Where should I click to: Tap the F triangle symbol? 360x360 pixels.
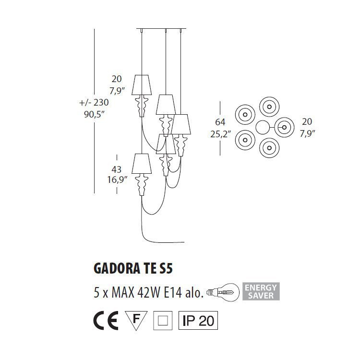136,320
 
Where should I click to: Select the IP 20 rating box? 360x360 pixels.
198,321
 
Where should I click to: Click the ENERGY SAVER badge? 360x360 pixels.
261,291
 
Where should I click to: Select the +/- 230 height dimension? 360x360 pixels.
95,102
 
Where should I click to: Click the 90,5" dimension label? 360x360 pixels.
94,115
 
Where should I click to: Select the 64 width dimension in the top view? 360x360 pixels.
220,122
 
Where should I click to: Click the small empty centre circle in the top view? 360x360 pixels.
263,127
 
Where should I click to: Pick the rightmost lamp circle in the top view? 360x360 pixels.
284,127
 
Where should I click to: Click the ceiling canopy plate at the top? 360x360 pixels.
161,28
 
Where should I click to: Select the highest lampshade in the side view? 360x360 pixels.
142,85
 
